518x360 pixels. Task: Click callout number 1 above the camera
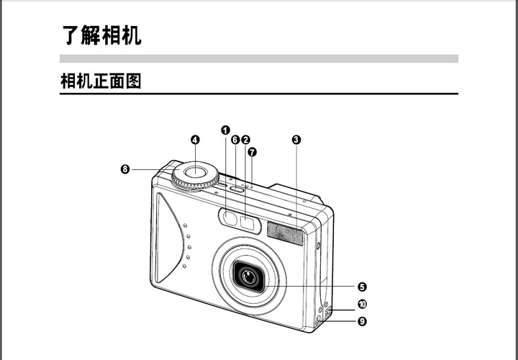click(225, 130)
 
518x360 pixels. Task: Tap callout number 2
click(245, 140)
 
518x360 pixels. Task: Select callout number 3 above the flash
click(296, 140)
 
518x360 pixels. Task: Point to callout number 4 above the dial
click(195, 140)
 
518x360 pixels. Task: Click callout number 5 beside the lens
click(362, 286)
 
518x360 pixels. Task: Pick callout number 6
click(235, 140)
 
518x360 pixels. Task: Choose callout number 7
click(252, 152)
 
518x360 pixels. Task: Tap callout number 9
click(362, 321)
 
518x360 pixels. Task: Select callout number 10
click(362, 305)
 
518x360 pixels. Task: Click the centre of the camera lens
click(249, 276)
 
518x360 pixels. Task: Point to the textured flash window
click(285, 233)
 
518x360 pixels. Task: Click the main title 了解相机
click(101, 34)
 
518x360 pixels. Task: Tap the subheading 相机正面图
click(100, 81)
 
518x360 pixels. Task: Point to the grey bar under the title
click(259, 58)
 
